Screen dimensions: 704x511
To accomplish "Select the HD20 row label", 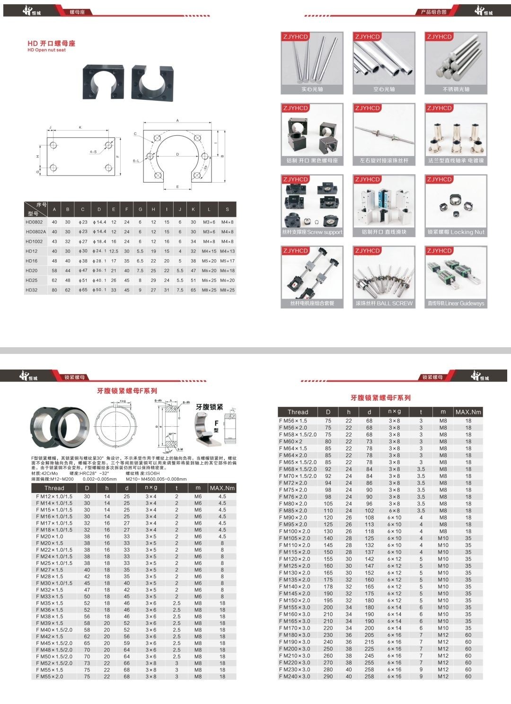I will point(32,271).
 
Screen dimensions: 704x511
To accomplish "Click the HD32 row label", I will point(32,290).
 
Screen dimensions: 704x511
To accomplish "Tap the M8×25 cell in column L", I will point(209,290).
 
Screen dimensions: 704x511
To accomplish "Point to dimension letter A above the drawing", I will point(178,121).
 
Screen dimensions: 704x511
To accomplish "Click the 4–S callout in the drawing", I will point(93,152).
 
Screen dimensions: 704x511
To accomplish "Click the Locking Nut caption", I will point(456,232).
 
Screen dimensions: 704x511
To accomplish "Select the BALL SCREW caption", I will point(384,303).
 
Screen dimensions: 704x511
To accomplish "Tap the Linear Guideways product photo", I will point(456,273).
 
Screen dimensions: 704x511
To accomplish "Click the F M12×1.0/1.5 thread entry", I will point(54,496).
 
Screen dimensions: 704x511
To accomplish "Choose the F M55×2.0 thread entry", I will point(50,677).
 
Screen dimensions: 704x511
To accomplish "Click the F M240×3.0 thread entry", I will point(295,677).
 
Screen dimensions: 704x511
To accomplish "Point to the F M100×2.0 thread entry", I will point(295,531).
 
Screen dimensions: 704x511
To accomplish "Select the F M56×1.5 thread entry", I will point(293,421).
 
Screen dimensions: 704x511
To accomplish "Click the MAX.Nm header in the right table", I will point(468,412).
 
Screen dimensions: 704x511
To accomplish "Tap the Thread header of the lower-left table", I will point(54,488).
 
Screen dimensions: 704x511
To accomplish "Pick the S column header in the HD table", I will point(227,210).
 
